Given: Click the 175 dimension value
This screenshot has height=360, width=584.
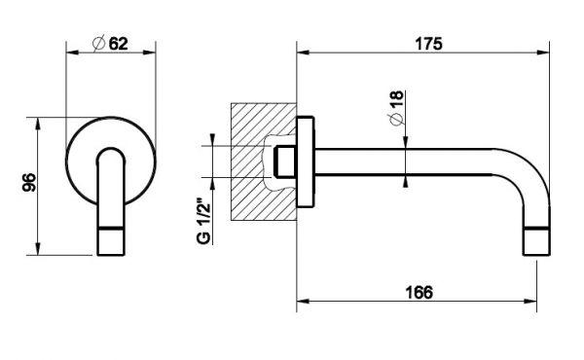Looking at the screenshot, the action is [428, 44].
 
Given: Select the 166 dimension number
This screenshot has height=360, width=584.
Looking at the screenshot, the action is [419, 292].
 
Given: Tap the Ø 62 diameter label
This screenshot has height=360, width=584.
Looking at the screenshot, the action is [110, 44].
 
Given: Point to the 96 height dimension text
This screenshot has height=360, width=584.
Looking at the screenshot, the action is [29, 182].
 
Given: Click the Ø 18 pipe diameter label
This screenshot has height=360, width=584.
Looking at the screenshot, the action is [396, 108].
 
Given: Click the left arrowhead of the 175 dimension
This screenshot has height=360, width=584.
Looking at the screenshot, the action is [303, 53].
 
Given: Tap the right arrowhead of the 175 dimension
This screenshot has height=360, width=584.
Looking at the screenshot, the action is [543, 53].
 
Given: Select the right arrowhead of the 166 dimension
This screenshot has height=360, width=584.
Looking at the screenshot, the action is [530, 301].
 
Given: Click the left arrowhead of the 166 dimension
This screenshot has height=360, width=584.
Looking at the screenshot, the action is [303, 301].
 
